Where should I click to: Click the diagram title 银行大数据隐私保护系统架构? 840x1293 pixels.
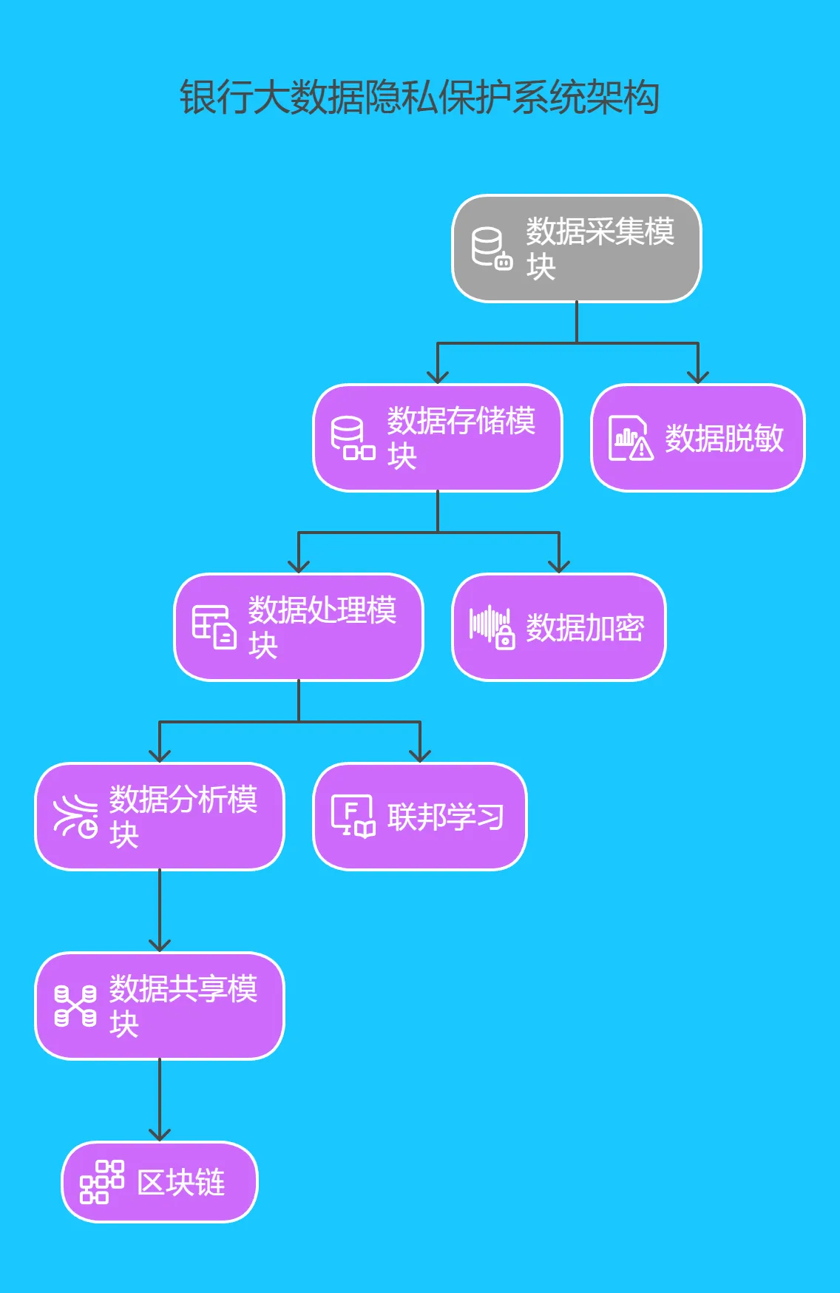pos(419,98)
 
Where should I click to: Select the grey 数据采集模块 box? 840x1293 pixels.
pos(576,249)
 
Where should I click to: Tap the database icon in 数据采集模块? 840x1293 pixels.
pos(492,249)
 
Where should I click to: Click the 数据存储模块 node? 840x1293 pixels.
pos(438,437)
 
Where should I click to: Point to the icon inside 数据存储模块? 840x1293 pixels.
pos(352,438)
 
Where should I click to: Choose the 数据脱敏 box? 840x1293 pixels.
pos(697,438)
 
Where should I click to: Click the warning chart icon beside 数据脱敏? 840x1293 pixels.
pos(630,438)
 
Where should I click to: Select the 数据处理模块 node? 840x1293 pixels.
pos(299,627)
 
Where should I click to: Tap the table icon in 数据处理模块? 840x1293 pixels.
pos(214,627)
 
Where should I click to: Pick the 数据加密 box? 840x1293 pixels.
pos(558,627)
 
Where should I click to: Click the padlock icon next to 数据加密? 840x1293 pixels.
pos(505,636)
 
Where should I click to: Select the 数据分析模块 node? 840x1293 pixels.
pos(160,816)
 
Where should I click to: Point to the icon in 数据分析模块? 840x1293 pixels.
pos(75,817)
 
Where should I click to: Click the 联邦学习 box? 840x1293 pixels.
pos(419,817)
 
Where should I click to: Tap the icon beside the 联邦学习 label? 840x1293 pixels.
pos(353,817)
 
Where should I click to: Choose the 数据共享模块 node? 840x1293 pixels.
pos(160,1005)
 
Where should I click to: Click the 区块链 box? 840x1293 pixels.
pos(160,1182)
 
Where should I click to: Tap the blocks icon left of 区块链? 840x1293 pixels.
pos(101,1182)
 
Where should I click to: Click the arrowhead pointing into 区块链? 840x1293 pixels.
pos(160,1135)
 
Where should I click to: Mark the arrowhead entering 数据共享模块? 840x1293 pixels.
pos(160,946)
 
